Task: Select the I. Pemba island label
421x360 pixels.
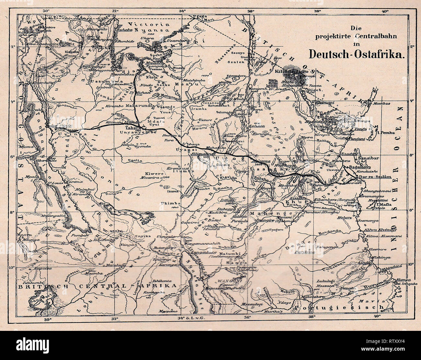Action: [x=385, y=132]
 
